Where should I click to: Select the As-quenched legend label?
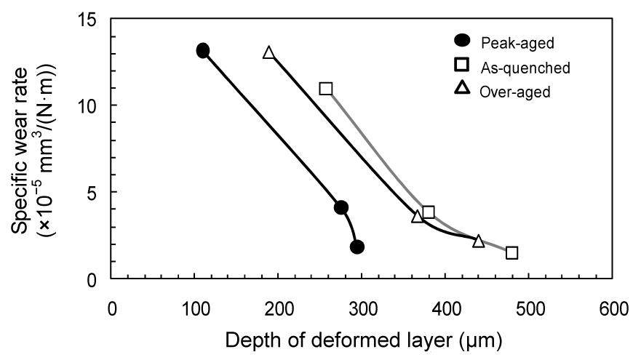point(525,68)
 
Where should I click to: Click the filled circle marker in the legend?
point(461,41)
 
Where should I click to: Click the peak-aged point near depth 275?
point(341,208)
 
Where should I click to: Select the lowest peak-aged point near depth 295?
point(357,247)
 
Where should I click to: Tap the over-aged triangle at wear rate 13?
point(269,53)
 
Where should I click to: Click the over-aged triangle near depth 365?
point(418,216)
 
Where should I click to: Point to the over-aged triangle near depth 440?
point(479,241)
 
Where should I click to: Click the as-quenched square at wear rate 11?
point(326,88)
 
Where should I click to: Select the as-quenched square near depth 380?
point(429,212)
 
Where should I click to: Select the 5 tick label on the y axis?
point(92,192)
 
